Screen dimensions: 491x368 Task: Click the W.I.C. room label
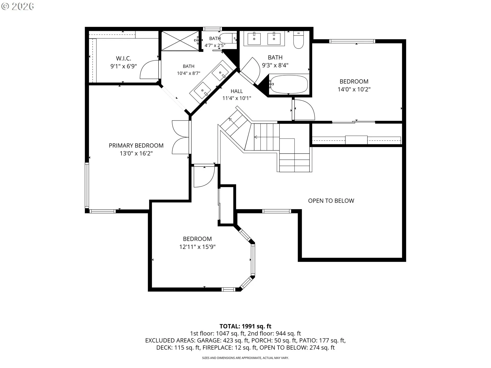pyautogui.click(x=124, y=59)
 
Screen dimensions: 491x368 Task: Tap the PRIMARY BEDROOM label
pyautogui.click(x=136, y=146)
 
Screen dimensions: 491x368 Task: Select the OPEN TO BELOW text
pyautogui.click(x=331, y=201)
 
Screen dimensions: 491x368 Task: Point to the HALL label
pyautogui.click(x=237, y=91)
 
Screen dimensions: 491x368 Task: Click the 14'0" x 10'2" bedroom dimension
pyautogui.click(x=354, y=89)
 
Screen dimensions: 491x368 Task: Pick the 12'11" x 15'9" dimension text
pyautogui.click(x=197, y=247)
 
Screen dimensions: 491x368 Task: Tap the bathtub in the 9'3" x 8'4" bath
pyautogui.click(x=289, y=84)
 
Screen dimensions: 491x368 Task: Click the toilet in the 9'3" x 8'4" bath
pyautogui.click(x=298, y=40)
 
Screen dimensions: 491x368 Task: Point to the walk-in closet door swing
pyautogui.click(x=150, y=70)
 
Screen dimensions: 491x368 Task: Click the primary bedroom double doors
pyautogui.click(x=181, y=137)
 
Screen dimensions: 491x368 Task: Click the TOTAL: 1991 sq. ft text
pyautogui.click(x=245, y=326)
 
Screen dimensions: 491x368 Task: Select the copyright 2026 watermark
pyautogui.click(x=17, y=6)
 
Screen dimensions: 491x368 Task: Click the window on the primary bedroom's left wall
pyautogui.click(x=87, y=185)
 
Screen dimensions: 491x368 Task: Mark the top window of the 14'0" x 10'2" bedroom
pyautogui.click(x=352, y=41)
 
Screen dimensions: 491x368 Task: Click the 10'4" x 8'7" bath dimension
pyautogui.click(x=188, y=74)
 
